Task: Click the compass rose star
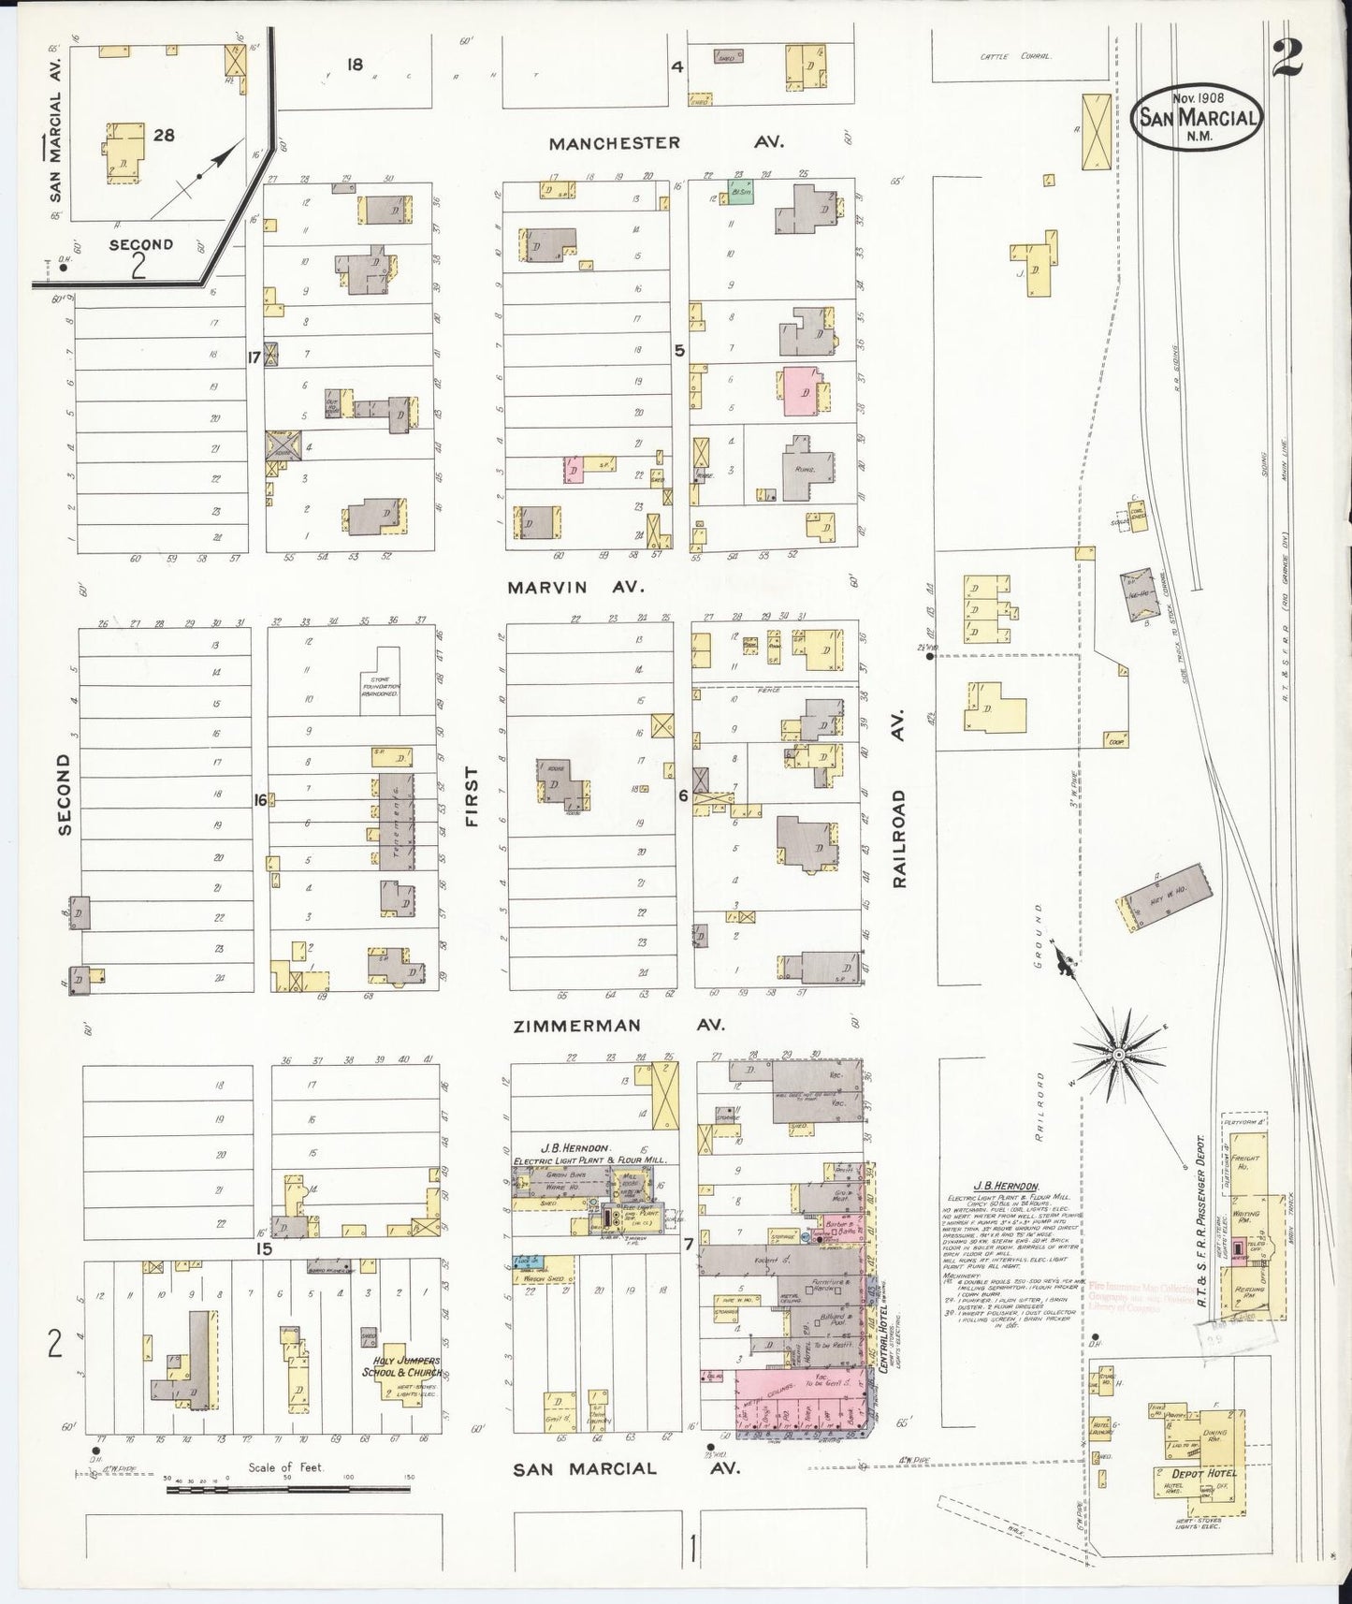tap(1117, 1053)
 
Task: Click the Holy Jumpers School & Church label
tap(401, 1366)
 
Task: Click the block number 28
tap(164, 135)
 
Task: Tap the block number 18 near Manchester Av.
tap(354, 65)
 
